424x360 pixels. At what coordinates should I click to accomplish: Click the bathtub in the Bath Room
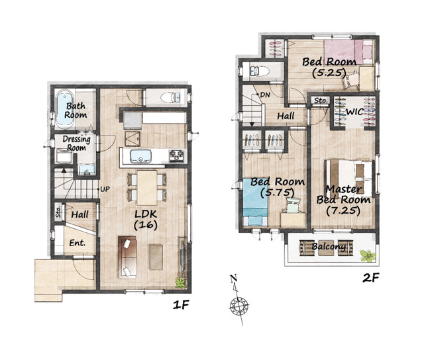tap(65, 109)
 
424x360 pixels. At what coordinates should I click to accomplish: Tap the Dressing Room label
tap(77, 144)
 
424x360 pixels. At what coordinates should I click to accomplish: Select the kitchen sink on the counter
tap(140, 156)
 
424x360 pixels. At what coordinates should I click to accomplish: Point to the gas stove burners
tap(177, 156)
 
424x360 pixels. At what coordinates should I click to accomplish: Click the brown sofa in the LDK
tap(127, 257)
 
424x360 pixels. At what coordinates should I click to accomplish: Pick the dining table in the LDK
tap(147, 187)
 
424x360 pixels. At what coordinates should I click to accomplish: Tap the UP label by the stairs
tap(105, 189)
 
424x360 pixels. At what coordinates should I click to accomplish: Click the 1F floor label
tap(181, 305)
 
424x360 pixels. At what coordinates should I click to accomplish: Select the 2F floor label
tap(371, 278)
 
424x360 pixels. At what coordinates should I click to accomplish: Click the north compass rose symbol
tap(239, 306)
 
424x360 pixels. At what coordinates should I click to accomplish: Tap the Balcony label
tap(329, 247)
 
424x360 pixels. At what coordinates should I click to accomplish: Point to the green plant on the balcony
tap(368, 255)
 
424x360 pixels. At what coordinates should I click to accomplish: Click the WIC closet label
tap(354, 112)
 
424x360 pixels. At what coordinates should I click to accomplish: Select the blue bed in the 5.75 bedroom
tap(255, 202)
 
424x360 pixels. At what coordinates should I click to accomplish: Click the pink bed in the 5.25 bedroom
tap(348, 52)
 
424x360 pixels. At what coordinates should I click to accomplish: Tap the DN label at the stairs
tap(265, 95)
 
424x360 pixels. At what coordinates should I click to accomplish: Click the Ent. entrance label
tap(78, 243)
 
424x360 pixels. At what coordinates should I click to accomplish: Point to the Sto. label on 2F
tap(321, 101)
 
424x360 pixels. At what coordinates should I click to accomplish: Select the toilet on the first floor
tap(171, 97)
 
